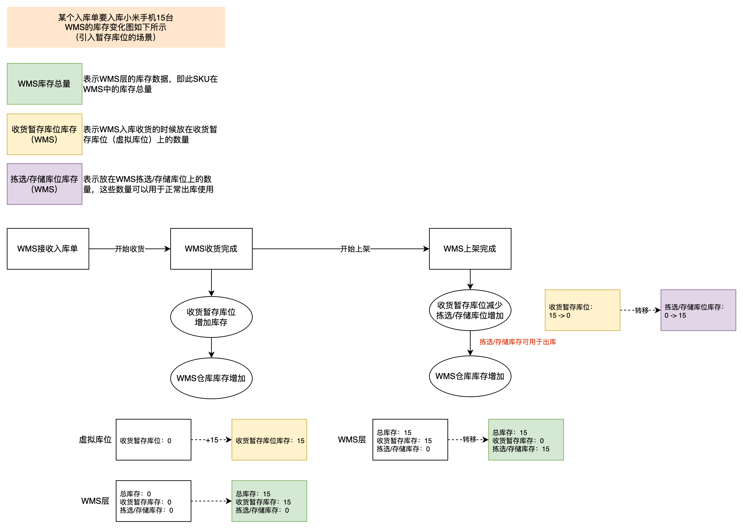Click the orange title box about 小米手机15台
click(x=116, y=27)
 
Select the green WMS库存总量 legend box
click(x=45, y=84)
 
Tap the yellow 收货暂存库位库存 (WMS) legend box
click(x=45, y=134)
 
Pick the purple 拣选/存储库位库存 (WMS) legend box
click(x=45, y=184)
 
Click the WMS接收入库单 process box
click(x=48, y=249)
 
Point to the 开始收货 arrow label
click(x=130, y=249)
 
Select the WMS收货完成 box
click(x=211, y=249)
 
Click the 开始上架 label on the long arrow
click(x=355, y=249)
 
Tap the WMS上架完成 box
click(x=470, y=249)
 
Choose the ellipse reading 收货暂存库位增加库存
click(x=211, y=317)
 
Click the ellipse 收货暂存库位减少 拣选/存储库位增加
click(x=470, y=310)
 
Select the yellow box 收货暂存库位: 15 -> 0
click(x=582, y=310)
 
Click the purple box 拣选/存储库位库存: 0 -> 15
click(x=698, y=310)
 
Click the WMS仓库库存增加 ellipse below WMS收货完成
click(x=211, y=378)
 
